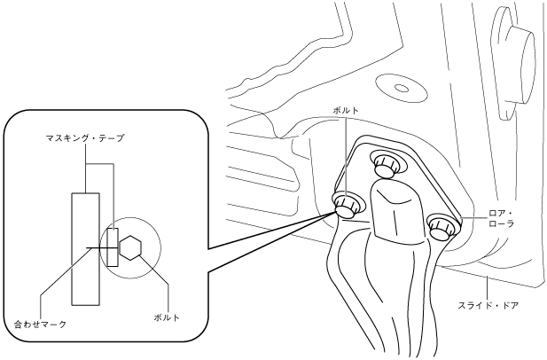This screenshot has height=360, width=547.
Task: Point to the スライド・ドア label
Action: (x=488, y=304)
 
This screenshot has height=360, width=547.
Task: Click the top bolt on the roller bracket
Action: (x=384, y=163)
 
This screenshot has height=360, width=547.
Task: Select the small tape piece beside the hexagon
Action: (x=113, y=248)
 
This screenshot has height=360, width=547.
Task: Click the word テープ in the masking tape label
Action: (x=113, y=139)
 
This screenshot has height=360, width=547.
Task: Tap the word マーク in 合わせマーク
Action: (x=56, y=325)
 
